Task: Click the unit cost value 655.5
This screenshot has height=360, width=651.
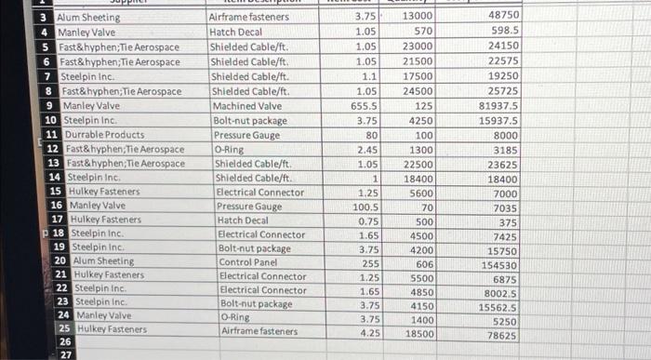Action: coord(361,106)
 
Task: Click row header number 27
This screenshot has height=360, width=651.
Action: coord(65,354)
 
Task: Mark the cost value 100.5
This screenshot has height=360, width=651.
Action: coord(364,207)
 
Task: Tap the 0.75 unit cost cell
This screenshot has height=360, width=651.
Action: coord(367,220)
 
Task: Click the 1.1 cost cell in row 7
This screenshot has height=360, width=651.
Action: coord(367,77)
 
